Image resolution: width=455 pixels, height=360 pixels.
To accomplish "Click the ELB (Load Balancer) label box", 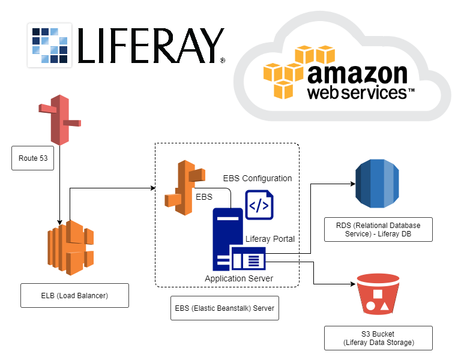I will [x=74, y=295].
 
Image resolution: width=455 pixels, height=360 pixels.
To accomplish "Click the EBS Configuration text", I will [x=258, y=178].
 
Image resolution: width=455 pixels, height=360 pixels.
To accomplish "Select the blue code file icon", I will [x=259, y=205].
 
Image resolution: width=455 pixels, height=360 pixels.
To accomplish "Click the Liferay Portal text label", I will [x=270, y=239].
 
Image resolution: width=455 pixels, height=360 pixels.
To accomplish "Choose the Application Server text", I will [x=239, y=278].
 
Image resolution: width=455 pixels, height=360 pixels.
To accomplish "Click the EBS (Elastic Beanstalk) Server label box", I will [x=224, y=308].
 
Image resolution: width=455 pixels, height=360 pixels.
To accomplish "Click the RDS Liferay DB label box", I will [x=378, y=230].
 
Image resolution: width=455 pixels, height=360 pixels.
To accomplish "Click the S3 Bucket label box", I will [x=378, y=338].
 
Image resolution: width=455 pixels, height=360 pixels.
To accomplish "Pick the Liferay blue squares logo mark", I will [x=50, y=45].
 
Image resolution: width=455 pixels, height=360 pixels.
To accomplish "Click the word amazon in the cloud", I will [x=357, y=75].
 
